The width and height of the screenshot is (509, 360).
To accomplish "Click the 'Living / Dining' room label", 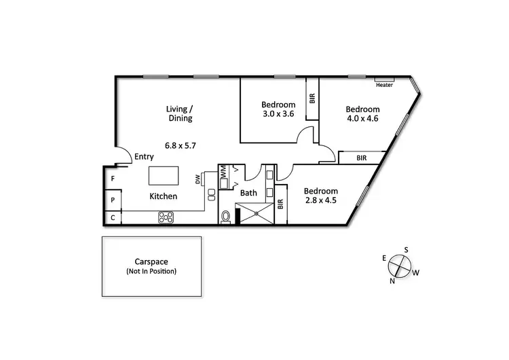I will coord(180,113).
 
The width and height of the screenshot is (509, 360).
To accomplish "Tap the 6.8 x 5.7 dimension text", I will coord(180,145).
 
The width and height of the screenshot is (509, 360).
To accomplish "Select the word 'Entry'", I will coord(144,157).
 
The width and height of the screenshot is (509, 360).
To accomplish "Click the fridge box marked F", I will coord(113,179).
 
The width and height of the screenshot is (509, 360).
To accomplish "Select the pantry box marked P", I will coord(113,200).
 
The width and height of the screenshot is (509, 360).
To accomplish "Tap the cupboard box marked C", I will coord(113,218).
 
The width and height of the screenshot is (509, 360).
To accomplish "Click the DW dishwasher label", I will coord(198,179).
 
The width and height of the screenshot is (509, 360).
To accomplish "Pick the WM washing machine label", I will coord(223,174).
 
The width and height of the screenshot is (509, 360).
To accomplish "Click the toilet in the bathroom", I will coord(227,216).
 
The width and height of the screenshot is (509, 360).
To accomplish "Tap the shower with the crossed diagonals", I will coord(256,214).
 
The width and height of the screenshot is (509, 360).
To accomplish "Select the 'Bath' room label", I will coord(249,193).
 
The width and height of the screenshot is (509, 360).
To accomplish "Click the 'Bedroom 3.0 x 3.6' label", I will coord(278,109).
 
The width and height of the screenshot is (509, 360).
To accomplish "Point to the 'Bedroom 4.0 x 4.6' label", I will coord(362,113).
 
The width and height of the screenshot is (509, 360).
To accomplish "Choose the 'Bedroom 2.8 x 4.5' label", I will coord(320,196).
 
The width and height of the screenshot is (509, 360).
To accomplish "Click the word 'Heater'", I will coord(384,86).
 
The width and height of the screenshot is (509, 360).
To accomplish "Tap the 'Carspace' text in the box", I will coord(151,262).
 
